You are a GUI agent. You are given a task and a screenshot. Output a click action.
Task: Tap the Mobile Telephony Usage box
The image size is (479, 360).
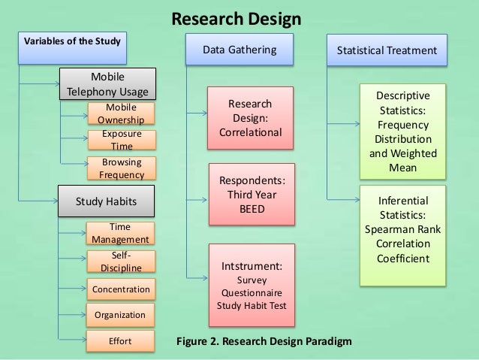point(108,85)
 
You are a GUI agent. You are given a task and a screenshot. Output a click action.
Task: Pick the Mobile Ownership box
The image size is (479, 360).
point(120,113)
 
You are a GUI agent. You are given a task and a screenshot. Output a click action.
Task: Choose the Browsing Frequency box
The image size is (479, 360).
point(120,168)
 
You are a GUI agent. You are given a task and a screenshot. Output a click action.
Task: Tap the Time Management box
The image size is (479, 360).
point(120,233)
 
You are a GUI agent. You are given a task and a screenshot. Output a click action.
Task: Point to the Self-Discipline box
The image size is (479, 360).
point(120,261)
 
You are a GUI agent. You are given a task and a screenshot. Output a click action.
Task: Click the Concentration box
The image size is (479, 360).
point(120,289)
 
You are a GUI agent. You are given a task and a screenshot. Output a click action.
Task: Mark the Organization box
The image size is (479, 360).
point(120,315)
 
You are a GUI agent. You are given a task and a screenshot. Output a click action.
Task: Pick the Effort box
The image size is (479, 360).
point(120,341)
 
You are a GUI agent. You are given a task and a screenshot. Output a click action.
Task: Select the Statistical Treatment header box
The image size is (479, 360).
point(387,50)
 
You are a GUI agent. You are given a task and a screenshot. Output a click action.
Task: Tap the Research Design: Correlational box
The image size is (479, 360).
point(251,118)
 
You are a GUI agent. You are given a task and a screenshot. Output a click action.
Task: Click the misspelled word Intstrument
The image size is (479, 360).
point(251,265)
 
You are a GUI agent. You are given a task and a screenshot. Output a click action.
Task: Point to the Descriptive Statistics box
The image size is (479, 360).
point(403,132)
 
